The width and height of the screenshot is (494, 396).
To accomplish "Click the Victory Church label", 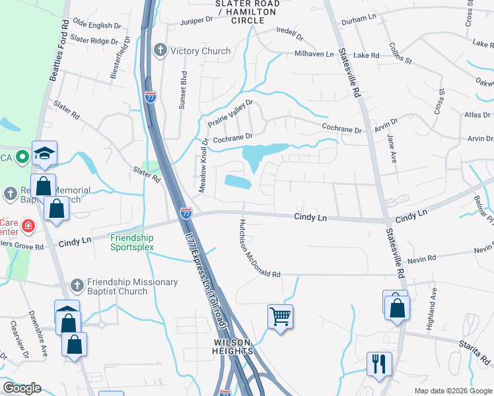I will [200, 51].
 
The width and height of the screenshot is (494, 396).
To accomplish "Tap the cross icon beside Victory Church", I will [160, 51].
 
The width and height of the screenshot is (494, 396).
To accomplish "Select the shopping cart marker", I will [280, 316].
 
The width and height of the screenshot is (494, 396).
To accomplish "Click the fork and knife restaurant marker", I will [378, 363].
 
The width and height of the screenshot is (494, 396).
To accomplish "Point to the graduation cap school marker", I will [45, 153].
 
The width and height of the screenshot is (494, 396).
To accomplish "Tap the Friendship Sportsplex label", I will [132, 242].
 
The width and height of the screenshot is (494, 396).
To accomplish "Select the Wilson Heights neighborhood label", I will [233, 346].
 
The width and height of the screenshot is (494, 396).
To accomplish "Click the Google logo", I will [22, 389].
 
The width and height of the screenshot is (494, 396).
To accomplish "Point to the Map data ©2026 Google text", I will [452, 391].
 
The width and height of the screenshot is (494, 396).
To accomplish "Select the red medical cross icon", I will [28, 226].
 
